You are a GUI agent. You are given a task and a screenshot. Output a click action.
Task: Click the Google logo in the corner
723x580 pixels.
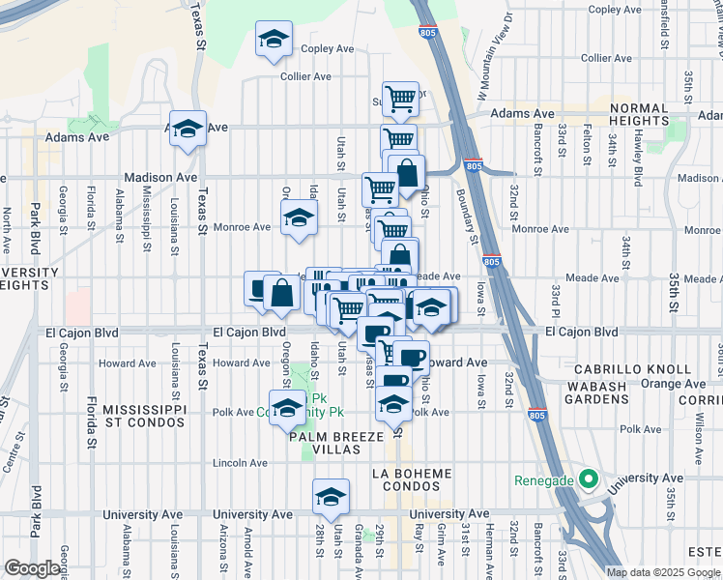click(32, 568)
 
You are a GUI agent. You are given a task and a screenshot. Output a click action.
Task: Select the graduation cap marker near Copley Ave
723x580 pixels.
click(274, 41)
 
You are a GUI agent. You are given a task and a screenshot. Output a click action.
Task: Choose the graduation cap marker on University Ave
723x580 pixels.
click(331, 497)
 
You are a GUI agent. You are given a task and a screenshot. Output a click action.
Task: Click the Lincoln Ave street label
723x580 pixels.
click(242, 463)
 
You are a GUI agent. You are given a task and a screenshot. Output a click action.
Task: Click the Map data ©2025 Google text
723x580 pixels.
click(661, 572)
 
